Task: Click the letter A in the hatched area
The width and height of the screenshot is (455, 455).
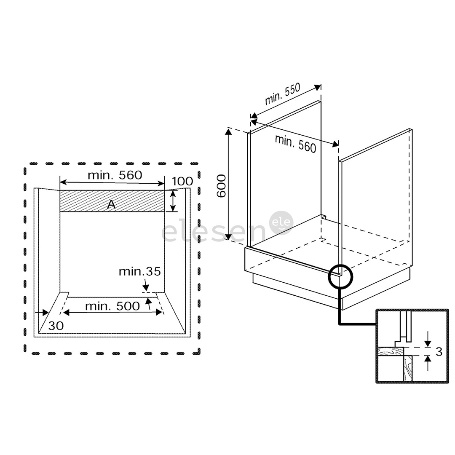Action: tap(111, 205)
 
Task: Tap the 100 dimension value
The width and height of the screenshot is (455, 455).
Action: tap(182, 181)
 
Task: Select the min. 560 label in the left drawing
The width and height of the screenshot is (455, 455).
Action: tap(115, 175)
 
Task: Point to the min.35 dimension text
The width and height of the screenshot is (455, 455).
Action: tap(139, 272)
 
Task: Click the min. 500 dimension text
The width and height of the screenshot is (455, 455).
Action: tap(112, 306)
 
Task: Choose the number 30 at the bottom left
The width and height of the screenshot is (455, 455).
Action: tap(56, 326)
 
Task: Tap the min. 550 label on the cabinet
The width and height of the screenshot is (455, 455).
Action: tap(282, 94)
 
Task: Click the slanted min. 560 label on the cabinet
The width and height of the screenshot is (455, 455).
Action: tap(295, 144)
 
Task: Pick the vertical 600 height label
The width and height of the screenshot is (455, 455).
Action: tap(222, 186)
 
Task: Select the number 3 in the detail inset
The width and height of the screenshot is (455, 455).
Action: tap(439, 352)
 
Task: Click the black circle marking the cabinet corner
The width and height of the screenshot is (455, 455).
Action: tap(340, 276)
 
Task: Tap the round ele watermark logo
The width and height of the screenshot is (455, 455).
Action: tap(281, 223)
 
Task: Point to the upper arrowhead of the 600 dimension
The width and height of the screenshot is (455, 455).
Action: tap(229, 132)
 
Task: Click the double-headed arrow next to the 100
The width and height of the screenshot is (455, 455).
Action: tap(173, 201)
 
